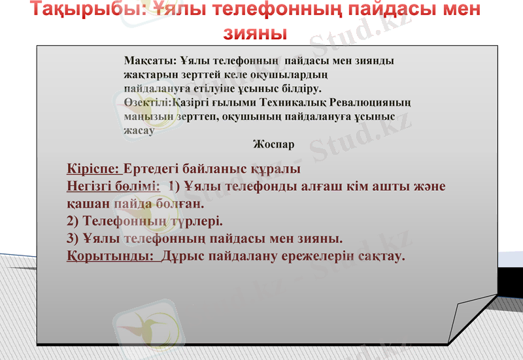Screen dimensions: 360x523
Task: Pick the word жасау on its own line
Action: coord(139,129)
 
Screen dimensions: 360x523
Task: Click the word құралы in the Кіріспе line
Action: coord(276,169)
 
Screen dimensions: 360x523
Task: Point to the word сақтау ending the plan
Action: coord(382,255)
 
